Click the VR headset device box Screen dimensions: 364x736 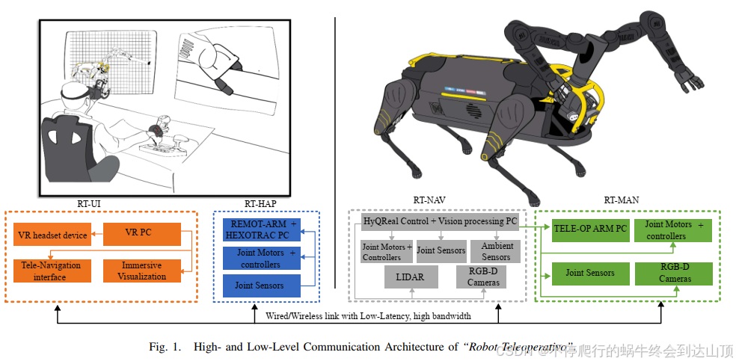tap(52, 235)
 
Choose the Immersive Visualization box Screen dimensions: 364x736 tap(141, 271)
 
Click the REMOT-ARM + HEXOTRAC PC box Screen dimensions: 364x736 tap(263, 229)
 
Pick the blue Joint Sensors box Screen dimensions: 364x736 tap(260, 285)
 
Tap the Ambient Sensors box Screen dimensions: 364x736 tap(496, 251)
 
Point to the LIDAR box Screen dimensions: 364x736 tap(406, 277)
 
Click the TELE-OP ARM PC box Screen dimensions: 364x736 tap(589, 229)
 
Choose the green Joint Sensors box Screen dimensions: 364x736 tap(589, 273)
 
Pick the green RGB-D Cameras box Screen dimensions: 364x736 tap(674, 274)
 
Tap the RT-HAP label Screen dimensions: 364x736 tap(261, 202)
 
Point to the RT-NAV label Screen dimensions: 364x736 tap(429, 200)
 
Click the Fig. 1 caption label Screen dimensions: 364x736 tap(165, 347)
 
